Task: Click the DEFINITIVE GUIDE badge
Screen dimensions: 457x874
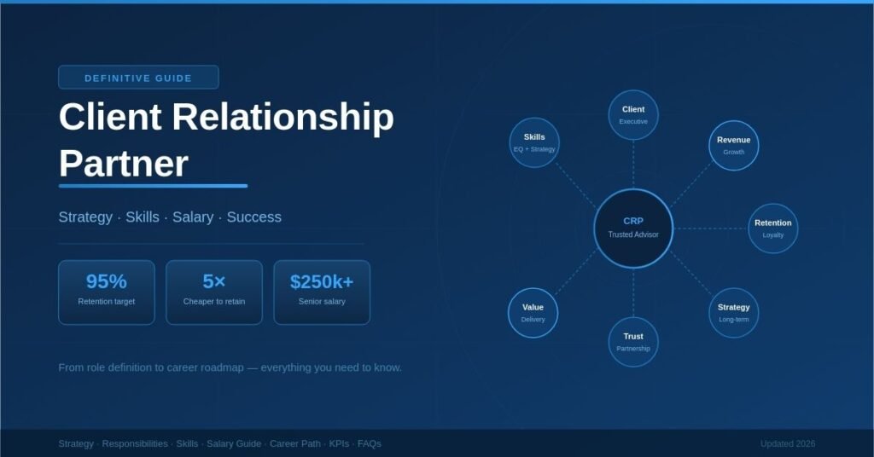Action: [x=138, y=78]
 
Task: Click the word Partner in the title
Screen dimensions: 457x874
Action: [x=123, y=162]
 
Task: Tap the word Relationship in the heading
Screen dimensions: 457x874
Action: [x=286, y=117]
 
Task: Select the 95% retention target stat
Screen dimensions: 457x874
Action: [x=107, y=282]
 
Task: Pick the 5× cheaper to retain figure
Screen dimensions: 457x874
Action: [x=214, y=282]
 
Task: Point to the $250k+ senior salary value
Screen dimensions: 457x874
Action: [x=322, y=282]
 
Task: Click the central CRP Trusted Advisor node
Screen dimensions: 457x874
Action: [x=633, y=228]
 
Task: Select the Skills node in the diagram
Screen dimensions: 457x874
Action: [x=534, y=142]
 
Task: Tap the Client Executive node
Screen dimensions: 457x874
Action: [x=633, y=114]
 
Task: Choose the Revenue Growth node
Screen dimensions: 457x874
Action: [x=733, y=145]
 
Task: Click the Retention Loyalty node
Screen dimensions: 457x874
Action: [x=772, y=228]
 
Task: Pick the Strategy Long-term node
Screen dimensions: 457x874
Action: [x=733, y=312]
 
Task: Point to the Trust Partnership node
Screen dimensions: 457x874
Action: [x=633, y=341]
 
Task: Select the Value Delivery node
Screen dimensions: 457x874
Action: [x=533, y=312]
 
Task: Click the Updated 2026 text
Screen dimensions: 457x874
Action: [x=787, y=443]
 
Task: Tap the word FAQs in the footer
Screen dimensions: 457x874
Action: [x=369, y=443]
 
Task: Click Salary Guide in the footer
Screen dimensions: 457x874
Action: [x=234, y=443]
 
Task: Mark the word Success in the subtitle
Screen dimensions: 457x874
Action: [x=253, y=217]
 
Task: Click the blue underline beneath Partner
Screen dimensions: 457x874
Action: [x=153, y=185]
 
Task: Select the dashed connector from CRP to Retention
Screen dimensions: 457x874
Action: [x=710, y=228]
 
